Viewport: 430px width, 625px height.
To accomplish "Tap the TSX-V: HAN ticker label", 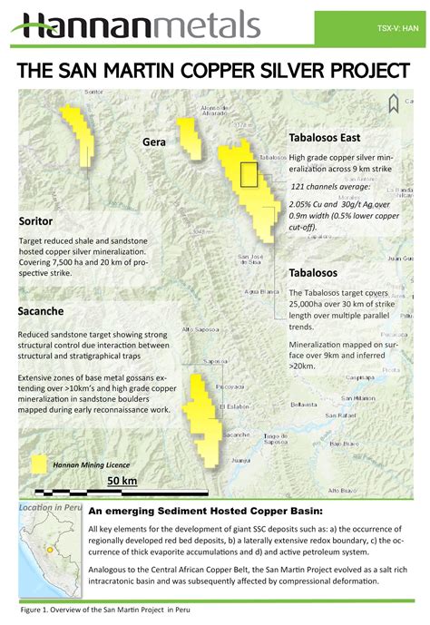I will click(396, 28).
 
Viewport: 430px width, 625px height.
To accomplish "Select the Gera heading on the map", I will click(153, 142).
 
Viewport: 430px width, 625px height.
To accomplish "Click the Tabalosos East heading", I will click(325, 138).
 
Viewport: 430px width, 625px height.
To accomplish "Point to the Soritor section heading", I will click(35, 221).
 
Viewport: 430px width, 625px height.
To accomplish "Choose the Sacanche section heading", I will click(41, 311).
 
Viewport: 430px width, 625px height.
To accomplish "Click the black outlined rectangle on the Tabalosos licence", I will click(249, 173).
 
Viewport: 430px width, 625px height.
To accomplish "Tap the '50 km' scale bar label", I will click(122, 480).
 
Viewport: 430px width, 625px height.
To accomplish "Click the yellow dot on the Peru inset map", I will click(37, 550).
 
